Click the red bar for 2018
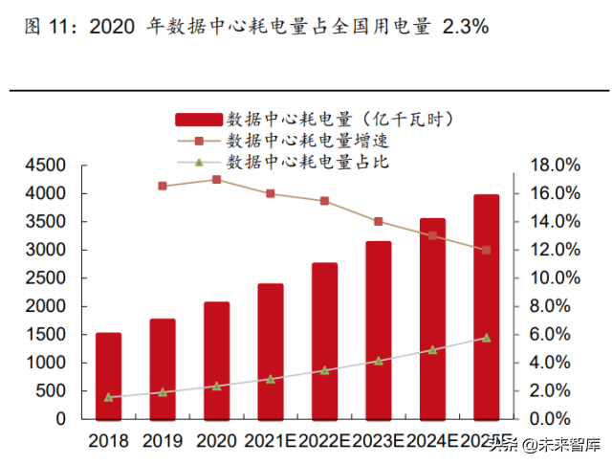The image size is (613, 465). point(108,376)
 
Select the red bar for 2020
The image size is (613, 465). point(216,361)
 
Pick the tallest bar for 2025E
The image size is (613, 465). point(486,306)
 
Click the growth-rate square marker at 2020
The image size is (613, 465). point(216,179)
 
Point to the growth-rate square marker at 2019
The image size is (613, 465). point(163,186)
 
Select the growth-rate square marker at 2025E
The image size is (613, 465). point(486,251)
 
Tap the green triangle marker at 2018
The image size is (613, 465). point(108,396)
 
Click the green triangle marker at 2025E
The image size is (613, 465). point(486,338)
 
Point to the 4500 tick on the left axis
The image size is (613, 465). point(45,166)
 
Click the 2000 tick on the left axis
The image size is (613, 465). point(45,306)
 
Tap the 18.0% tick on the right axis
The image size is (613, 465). point(550,166)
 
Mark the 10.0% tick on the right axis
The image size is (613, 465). point(550,278)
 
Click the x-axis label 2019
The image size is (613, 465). point(163,441)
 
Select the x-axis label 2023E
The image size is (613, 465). point(378,441)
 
